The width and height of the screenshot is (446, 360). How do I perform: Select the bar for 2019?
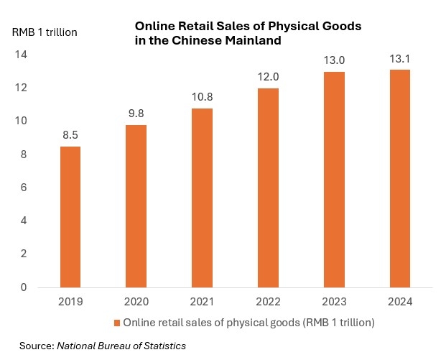(70, 216)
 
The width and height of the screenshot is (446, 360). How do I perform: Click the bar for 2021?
(202, 198)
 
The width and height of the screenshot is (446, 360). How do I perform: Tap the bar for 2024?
(399, 178)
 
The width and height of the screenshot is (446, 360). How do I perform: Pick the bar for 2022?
(268, 188)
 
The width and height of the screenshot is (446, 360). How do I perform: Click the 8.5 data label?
(70, 134)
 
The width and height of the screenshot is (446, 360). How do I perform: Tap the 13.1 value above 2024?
(399, 57)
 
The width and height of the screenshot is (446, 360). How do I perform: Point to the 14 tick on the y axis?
(22, 55)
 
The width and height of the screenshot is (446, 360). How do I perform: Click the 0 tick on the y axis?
(24, 287)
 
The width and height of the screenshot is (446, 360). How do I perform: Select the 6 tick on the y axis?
(24, 188)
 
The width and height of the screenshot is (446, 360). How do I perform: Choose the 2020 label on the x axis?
(136, 303)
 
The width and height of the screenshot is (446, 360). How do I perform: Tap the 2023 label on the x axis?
(334, 303)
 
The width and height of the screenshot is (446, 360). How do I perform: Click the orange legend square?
(118, 323)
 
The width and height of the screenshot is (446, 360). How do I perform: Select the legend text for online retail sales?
(249, 323)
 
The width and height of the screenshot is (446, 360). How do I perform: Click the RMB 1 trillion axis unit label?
(45, 32)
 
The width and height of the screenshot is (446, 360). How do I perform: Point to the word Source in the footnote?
(35, 346)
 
